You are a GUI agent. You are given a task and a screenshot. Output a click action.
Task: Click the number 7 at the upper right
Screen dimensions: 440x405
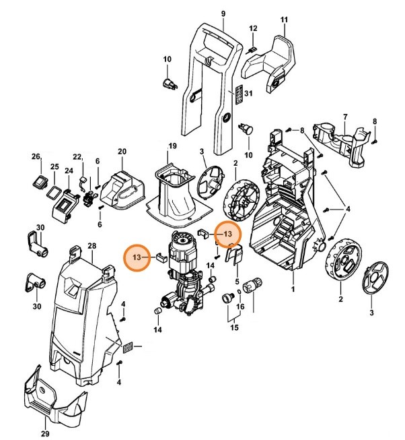pos(345,117)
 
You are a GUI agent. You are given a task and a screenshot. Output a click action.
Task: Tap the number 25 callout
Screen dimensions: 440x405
pos(55,166)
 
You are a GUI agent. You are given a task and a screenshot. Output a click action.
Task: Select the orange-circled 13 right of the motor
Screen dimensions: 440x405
pos(227,233)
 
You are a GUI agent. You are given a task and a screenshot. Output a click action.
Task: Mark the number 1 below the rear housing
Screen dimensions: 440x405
pos(293,289)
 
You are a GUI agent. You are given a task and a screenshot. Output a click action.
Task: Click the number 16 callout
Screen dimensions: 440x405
pos(240,306)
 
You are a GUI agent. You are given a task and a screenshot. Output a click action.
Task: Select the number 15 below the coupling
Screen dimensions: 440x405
pos(234,327)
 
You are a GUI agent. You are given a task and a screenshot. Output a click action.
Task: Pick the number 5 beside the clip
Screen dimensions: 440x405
pos(237,280)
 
